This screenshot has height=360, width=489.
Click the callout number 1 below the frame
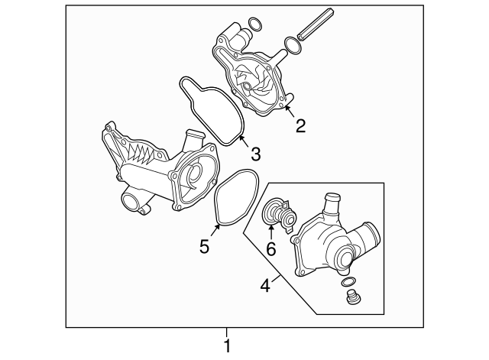[x=227, y=346]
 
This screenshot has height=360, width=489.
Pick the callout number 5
[x=204, y=246]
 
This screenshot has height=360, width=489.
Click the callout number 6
[x=270, y=248]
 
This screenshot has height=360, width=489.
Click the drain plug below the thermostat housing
[x=352, y=297]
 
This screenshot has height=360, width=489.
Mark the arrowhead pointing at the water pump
[x=288, y=109]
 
